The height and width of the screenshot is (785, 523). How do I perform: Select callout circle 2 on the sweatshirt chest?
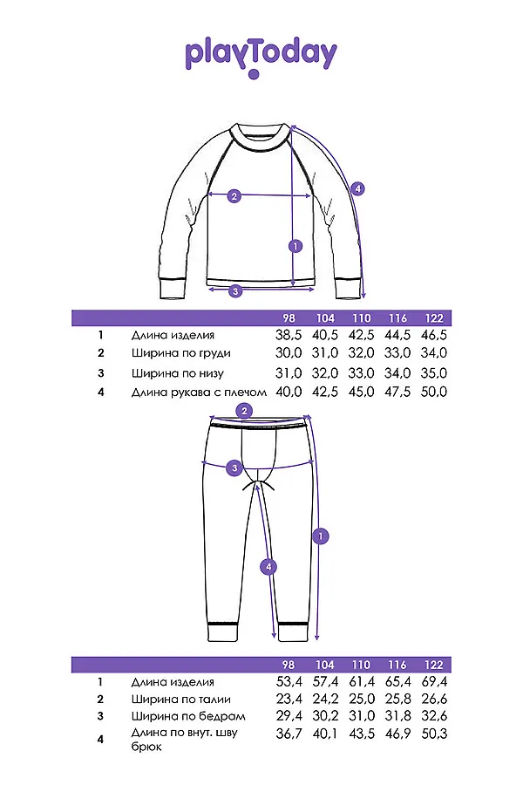234,196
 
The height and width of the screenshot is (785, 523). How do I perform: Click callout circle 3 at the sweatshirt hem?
234,291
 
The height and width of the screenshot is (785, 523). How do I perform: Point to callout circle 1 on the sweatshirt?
295,246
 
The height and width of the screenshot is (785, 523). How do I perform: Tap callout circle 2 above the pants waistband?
245,411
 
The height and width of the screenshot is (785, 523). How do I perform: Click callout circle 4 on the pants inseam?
269,567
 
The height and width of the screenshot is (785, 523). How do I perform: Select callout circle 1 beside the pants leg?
322,535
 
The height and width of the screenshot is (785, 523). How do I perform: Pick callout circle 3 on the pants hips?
234,469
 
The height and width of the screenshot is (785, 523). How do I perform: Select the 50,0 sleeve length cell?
433,392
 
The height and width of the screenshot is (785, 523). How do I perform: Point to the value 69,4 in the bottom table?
433,681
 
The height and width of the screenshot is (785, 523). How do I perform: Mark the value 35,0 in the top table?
433,373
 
